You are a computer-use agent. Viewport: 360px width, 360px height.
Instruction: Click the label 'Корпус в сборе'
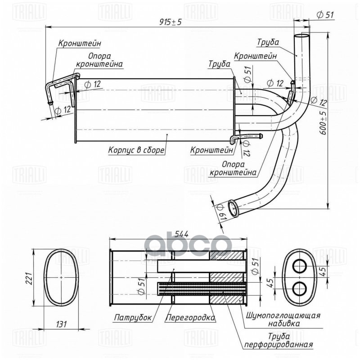[136, 150]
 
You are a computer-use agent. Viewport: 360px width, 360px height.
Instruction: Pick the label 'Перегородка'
[190, 317]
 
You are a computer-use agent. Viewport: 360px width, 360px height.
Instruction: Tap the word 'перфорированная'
[278, 345]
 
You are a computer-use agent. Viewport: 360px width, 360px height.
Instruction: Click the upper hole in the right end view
[299, 266]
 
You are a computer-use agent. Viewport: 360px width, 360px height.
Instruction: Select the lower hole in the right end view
[299, 287]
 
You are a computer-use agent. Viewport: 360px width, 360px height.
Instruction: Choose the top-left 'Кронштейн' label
[79, 44]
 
